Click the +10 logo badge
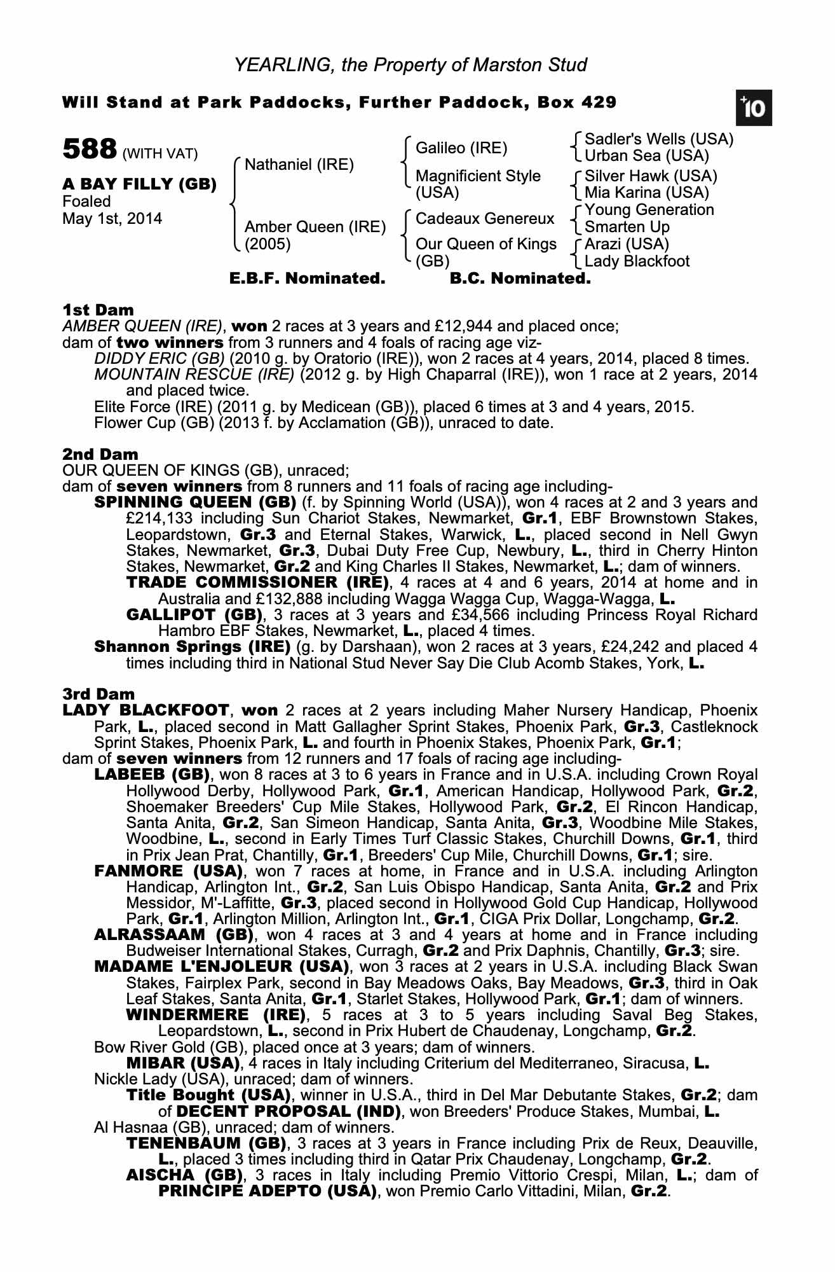[x=753, y=108]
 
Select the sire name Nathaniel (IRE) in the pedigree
[x=299, y=165]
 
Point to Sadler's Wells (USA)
[x=658, y=139]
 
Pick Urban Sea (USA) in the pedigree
[x=646, y=156]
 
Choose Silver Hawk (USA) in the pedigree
[x=650, y=176]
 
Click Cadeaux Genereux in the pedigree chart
[x=484, y=219]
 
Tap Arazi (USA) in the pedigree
[x=627, y=244]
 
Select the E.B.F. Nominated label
[x=307, y=279]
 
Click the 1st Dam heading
[x=98, y=310]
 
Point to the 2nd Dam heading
[x=100, y=454]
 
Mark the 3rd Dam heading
[x=98, y=694]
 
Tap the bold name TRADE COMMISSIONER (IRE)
[x=257, y=583]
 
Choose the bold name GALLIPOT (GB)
[x=194, y=615]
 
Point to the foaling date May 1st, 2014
[x=112, y=219]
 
